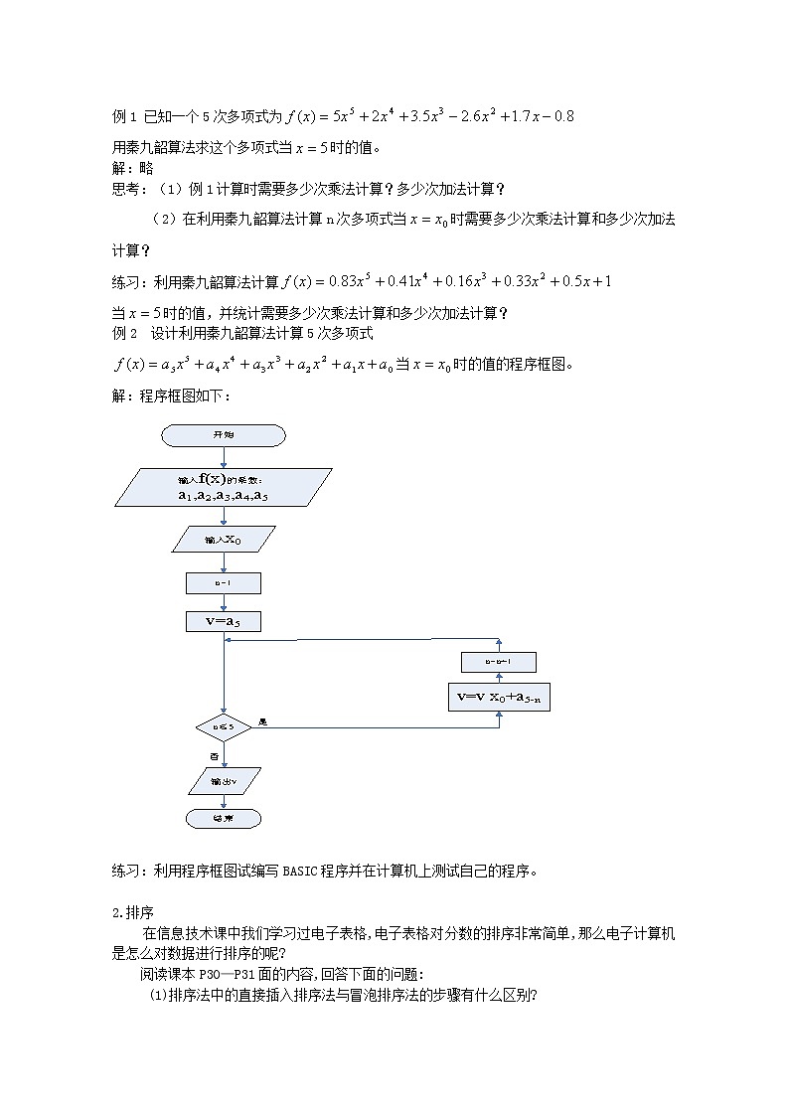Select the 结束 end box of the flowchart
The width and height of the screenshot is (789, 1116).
224,818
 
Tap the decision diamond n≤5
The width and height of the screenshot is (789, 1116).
224,727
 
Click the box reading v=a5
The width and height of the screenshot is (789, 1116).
223,621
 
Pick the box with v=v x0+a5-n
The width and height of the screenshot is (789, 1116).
499,697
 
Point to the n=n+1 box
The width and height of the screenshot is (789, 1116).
499,662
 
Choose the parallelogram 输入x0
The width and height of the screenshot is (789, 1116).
223,539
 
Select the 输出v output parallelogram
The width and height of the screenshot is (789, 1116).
224,781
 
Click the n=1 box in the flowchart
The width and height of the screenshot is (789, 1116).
223,582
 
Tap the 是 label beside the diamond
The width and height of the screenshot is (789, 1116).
262,721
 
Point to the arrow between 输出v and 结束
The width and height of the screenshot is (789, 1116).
224,801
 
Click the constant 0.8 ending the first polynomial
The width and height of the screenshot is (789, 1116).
562,116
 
